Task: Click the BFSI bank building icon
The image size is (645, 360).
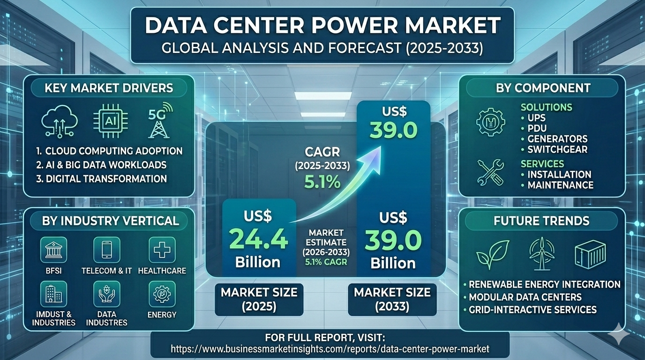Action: click(x=53, y=250)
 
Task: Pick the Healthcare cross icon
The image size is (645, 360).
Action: click(x=162, y=250)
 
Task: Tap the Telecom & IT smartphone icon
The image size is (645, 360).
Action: click(x=107, y=250)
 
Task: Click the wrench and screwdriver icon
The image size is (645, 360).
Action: click(x=490, y=172)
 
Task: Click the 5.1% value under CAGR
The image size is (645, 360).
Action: click(x=322, y=181)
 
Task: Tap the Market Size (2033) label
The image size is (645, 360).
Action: click(x=392, y=299)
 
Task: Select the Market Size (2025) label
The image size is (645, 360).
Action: click(x=259, y=299)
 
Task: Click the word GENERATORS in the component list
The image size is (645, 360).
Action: click(x=557, y=139)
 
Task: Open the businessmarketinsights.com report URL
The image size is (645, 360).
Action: click(x=330, y=349)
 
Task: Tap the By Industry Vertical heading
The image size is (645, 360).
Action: click(x=111, y=221)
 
